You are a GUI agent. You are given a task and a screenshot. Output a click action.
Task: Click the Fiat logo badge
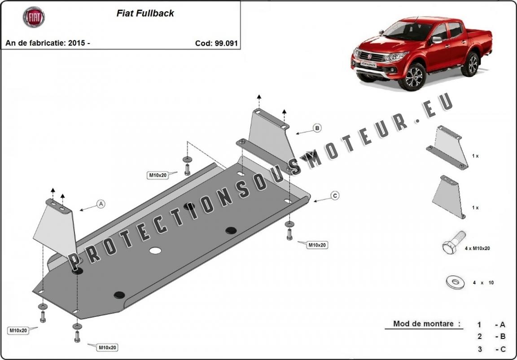(x=34, y=17)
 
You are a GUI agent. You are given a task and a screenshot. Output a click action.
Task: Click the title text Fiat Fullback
(x=145, y=13)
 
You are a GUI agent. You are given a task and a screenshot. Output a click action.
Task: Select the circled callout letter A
(x=101, y=204)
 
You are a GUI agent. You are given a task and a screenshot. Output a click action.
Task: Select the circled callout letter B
(x=317, y=128)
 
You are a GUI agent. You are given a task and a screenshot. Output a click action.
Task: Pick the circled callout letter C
(x=335, y=195)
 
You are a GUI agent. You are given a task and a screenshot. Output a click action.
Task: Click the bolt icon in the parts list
(x=454, y=244)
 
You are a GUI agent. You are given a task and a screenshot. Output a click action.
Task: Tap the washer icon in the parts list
(x=455, y=282)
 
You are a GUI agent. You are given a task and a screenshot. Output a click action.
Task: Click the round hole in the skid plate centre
(x=155, y=250)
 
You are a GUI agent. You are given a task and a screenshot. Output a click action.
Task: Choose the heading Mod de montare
(x=426, y=324)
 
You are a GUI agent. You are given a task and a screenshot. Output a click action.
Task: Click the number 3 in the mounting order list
(x=479, y=349)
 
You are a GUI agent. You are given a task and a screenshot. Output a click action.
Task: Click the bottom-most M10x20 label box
(x=107, y=347)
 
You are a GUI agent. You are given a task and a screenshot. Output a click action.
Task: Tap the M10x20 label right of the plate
(x=317, y=245)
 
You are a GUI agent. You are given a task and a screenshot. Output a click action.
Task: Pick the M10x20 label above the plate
(x=158, y=175)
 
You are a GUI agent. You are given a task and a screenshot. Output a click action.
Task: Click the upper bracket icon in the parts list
(x=448, y=148)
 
